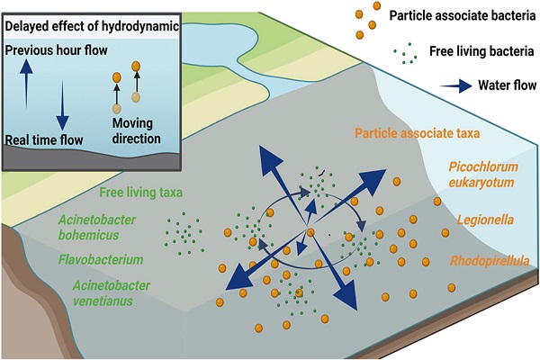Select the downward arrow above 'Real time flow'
pyautogui.click(x=60, y=108)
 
